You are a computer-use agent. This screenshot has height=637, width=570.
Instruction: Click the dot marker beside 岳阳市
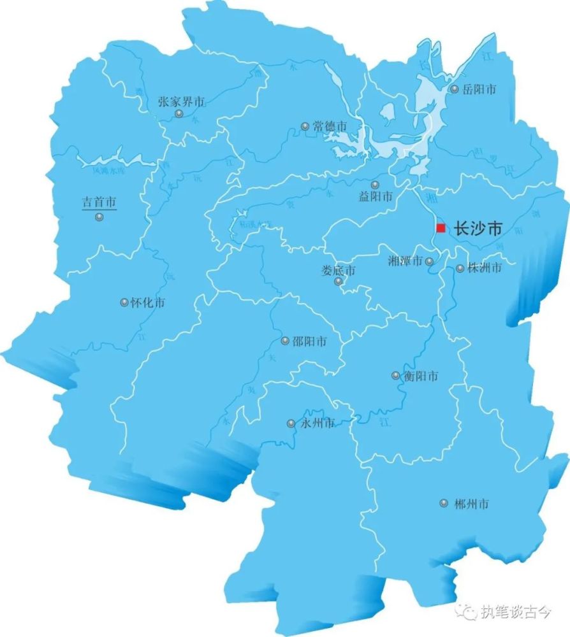455,90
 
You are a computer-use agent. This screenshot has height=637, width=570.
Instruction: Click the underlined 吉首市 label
99,203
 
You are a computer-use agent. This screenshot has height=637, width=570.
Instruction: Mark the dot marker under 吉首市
99,217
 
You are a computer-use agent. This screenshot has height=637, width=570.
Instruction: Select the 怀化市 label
147,303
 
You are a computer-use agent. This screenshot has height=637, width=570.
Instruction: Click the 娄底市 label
338,271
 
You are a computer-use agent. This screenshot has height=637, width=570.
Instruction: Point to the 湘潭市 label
406,261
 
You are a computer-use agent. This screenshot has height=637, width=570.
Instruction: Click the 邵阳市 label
309,341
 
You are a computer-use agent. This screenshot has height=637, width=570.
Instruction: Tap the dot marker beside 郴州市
444,503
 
